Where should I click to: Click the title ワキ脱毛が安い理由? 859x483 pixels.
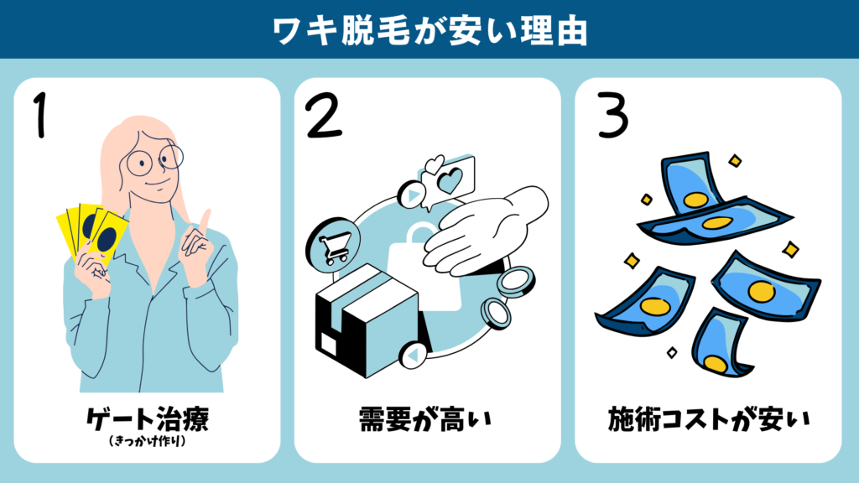[x=429, y=29]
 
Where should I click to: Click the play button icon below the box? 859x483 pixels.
[x=413, y=357]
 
